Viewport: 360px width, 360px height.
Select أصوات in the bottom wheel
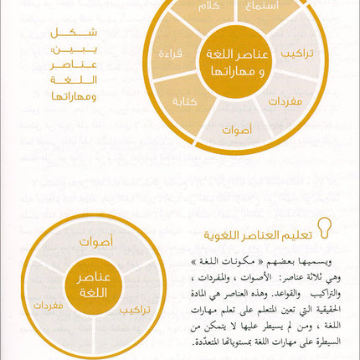(96, 243)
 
